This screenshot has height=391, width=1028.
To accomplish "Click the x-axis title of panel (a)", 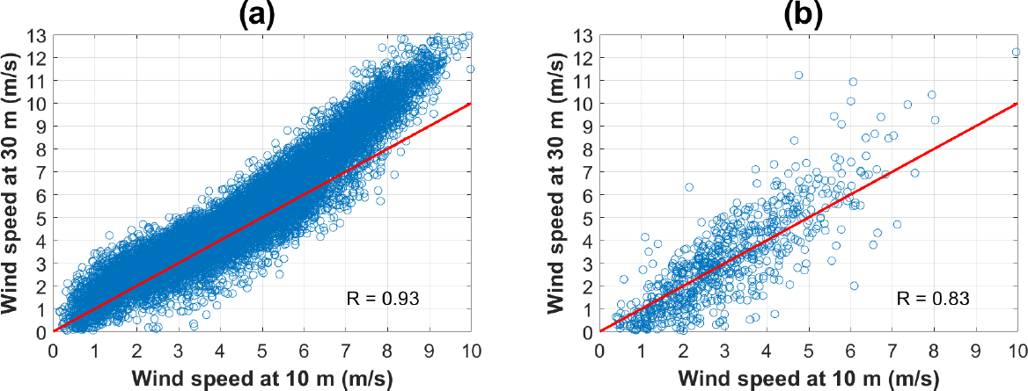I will pyautogui.click(x=262, y=378).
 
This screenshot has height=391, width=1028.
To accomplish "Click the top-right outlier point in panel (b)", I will pyautogui.click(x=1016, y=52).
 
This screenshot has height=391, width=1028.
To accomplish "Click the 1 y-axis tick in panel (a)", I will pyautogui.click(x=41, y=308).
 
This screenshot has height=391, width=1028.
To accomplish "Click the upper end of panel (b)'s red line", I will pyautogui.click(x=1017, y=103).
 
